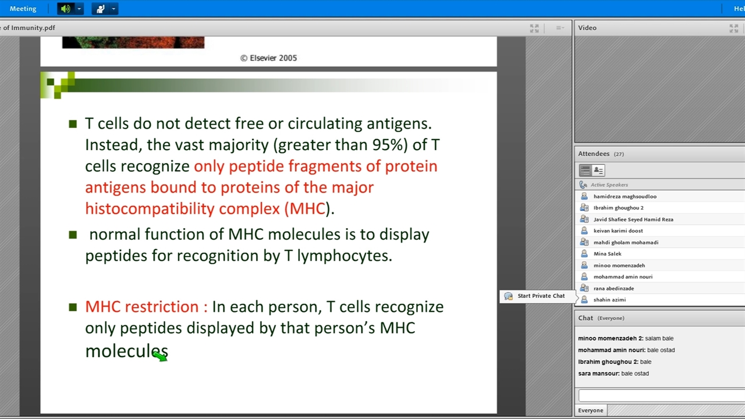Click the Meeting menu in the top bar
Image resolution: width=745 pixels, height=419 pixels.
(23, 9)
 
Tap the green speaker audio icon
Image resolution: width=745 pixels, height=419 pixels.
(66, 9)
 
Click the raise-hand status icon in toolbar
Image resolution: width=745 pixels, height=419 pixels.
(100, 9)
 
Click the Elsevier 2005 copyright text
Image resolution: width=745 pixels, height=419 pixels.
(268, 58)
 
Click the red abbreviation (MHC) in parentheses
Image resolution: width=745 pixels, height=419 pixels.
(306, 209)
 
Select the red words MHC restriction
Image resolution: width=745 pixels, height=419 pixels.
(146, 307)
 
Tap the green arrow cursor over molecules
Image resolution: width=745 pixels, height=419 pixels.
(160, 356)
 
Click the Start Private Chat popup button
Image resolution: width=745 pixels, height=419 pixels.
(537, 296)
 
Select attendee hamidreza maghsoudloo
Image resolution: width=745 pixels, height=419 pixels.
(625, 197)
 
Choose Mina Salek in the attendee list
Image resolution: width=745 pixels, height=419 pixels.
(607, 254)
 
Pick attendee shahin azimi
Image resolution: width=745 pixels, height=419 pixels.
(609, 300)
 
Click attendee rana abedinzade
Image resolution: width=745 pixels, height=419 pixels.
(613, 288)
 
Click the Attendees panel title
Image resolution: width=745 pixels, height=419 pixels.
(594, 154)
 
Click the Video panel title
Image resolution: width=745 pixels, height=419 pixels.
(587, 28)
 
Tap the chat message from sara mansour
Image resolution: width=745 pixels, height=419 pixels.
(613, 374)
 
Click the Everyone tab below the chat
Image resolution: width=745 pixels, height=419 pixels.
(591, 410)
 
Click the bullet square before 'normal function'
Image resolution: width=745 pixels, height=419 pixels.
(73, 235)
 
